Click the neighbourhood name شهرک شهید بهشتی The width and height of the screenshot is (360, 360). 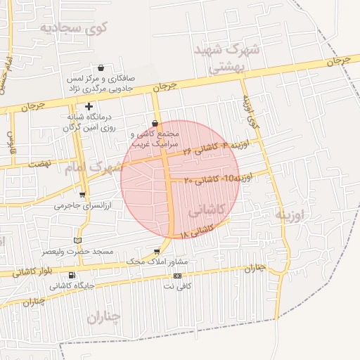tap(227, 58)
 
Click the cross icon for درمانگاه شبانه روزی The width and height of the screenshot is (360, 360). tap(89, 106)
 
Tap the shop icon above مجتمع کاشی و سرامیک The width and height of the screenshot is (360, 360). tap(155, 123)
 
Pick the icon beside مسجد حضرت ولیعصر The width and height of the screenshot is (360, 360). tap(77, 241)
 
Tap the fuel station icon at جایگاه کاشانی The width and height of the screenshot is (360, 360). tap(72, 275)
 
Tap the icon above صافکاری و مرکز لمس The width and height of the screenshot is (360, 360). tap(102, 68)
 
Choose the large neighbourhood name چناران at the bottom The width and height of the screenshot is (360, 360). tap(104, 316)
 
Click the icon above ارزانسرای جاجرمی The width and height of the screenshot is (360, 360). tap(83, 195)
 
